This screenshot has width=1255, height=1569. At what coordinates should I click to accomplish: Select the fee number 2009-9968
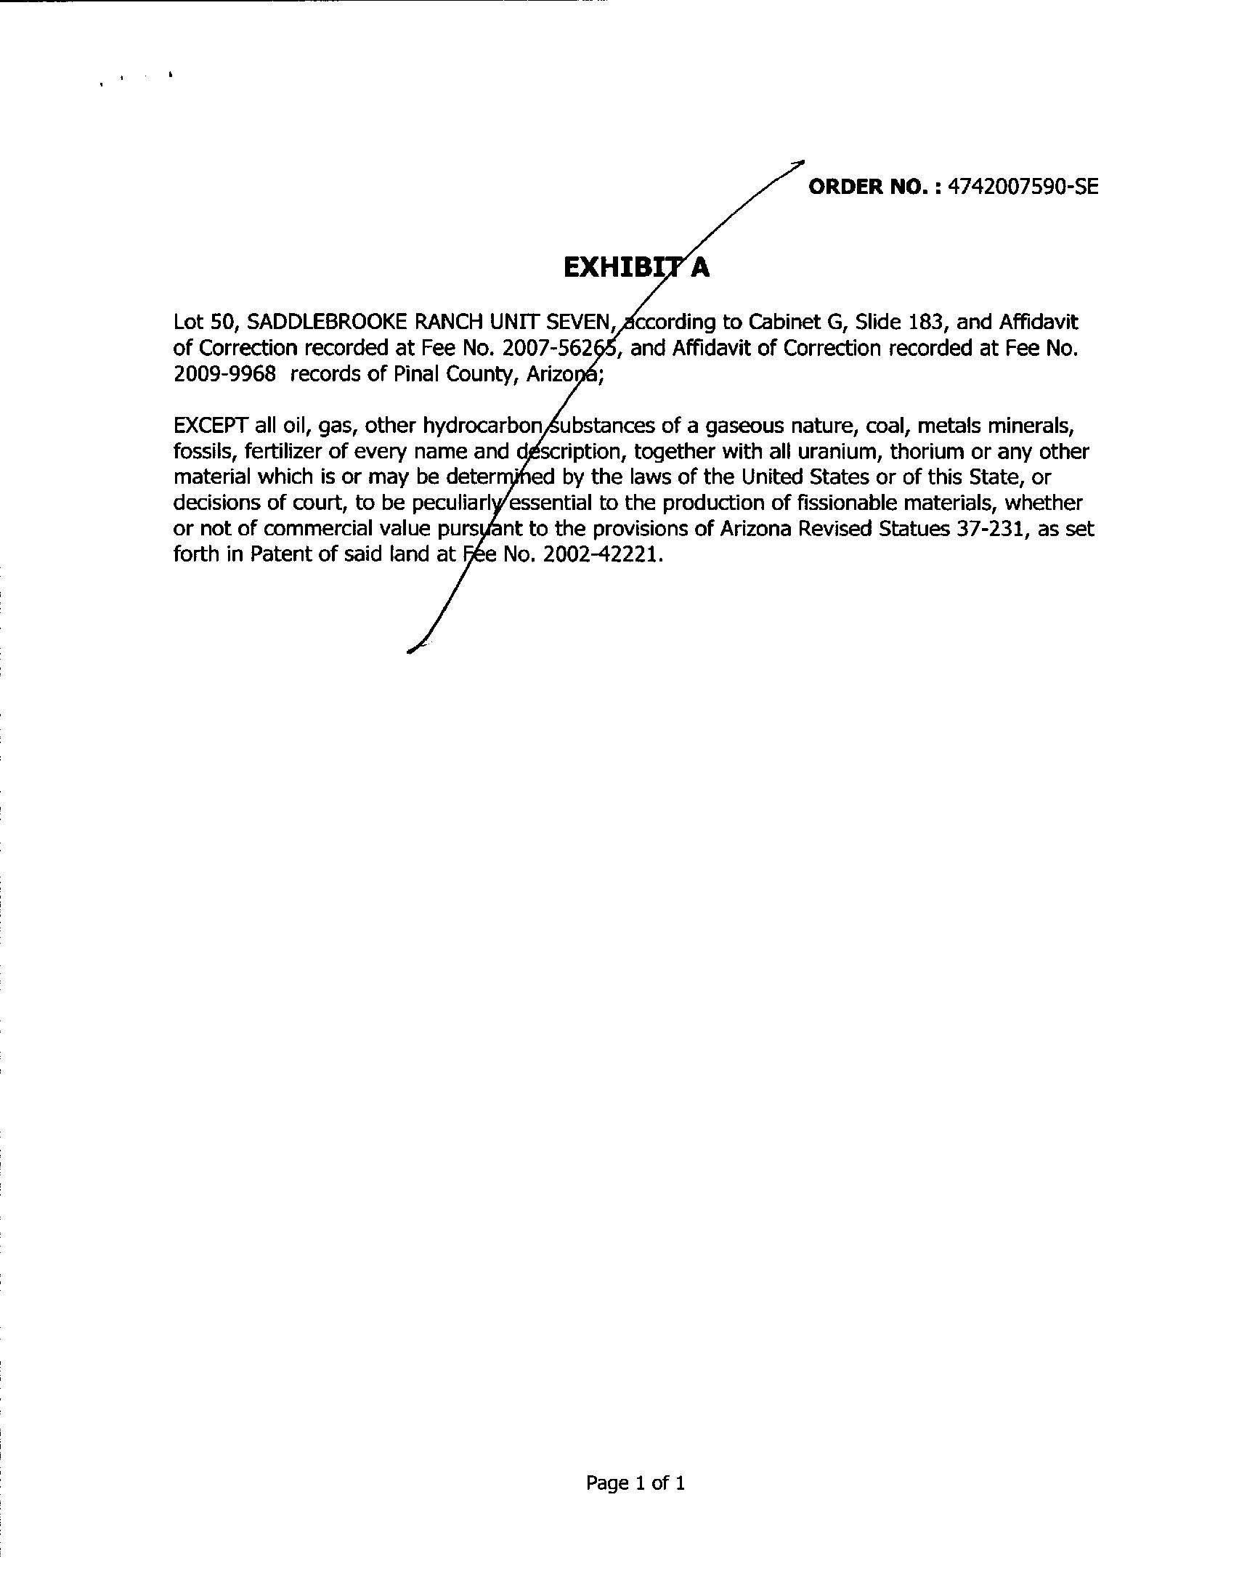[224, 374]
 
